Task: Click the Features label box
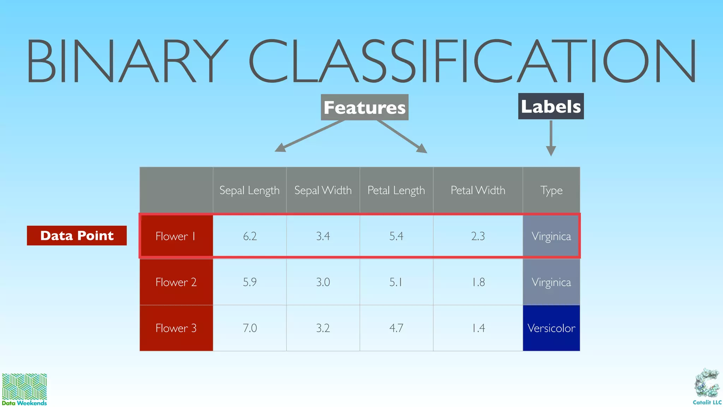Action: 364,107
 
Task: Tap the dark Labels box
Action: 551,106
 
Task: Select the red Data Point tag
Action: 77,236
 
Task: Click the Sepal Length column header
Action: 249,190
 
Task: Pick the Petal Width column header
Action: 478,190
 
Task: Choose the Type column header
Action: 551,190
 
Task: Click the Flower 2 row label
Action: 176,282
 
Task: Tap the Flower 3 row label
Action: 176,328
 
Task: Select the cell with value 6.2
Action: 250,236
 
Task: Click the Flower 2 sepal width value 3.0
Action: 323,282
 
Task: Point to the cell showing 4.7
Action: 396,328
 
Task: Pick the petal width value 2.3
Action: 478,236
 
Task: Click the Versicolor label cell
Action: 551,328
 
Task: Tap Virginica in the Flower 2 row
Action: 551,282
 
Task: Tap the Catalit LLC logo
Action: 707,387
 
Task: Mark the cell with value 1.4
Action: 478,328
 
